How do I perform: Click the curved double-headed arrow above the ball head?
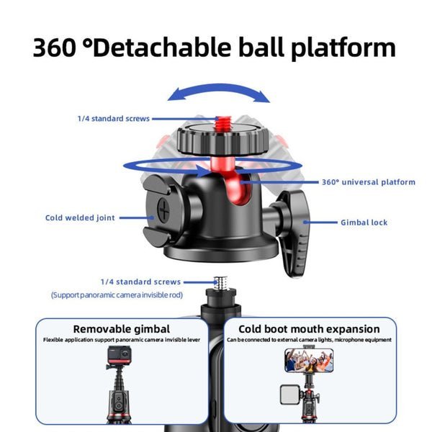coord(218,92)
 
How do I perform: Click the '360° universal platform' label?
coord(368,182)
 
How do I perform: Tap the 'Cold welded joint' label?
coord(80,217)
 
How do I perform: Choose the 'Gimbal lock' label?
coord(364,222)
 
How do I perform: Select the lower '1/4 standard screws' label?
coord(140,282)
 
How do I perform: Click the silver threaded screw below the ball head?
coord(220,282)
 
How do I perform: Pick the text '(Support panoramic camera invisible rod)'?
coord(117,295)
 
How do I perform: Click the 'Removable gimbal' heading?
coord(122,329)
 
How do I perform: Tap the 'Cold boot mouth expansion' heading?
coord(309,329)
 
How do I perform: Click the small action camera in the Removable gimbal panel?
coord(118,355)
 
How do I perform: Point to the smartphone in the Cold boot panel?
coord(309,360)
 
